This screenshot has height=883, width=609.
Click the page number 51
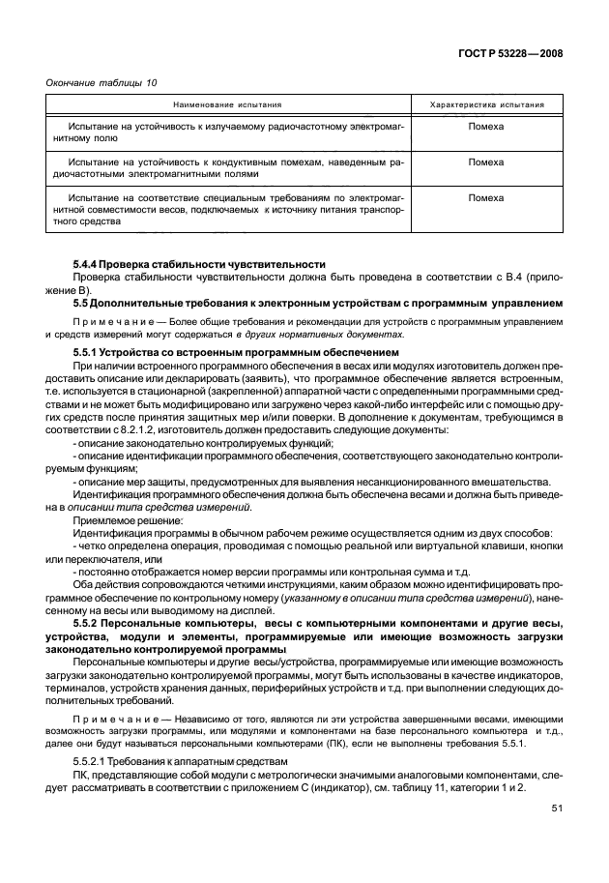point(557,808)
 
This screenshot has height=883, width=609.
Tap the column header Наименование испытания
point(227,103)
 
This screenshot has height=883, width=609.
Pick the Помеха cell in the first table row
point(485,127)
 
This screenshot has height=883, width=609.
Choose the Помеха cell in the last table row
point(485,198)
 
